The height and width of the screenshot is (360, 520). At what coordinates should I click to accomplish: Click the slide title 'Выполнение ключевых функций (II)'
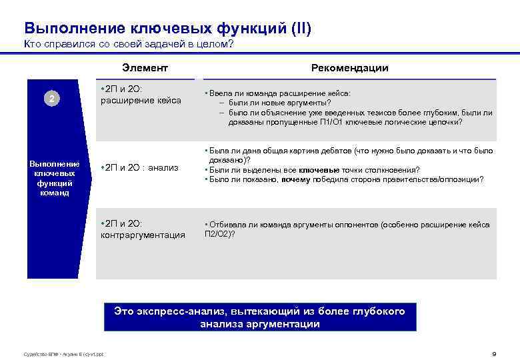(167, 28)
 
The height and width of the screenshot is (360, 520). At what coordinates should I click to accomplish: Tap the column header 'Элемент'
(145, 68)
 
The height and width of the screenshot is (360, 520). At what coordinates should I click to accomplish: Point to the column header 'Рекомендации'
(349, 68)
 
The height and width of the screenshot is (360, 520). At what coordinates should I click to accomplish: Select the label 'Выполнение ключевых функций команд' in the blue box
(54, 178)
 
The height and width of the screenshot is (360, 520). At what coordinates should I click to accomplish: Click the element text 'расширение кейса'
(141, 101)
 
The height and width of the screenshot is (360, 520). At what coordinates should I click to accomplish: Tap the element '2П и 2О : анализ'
(139, 167)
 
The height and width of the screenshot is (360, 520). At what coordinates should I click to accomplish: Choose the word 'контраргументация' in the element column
(143, 235)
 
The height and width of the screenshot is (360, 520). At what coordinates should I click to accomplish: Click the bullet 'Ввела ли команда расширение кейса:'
(280, 94)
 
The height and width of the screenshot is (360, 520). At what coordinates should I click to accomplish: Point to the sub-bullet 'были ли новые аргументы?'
(279, 103)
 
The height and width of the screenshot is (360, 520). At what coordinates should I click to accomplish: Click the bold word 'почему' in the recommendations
(295, 179)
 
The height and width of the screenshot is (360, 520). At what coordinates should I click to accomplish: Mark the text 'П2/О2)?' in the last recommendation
(219, 234)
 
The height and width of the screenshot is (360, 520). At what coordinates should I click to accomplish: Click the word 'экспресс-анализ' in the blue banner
(177, 311)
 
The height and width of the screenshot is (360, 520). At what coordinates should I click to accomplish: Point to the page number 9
(493, 353)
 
